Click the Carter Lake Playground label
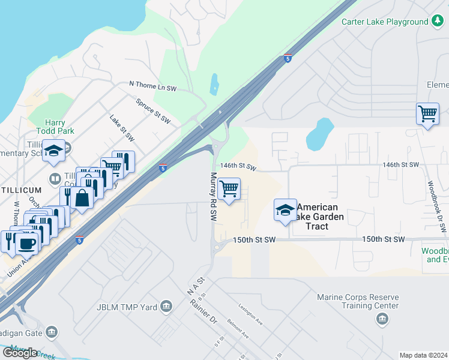tap(385, 22)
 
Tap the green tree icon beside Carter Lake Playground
tap(438, 22)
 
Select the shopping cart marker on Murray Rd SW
tap(229, 189)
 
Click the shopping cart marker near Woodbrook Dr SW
tap(427, 113)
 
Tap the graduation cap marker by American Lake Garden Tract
tap(285, 210)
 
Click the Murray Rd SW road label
tap(212, 196)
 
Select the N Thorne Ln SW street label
tap(153, 88)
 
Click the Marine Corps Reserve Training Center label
tap(358, 301)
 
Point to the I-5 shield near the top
tap(288, 58)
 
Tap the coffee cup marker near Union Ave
tap(26, 244)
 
